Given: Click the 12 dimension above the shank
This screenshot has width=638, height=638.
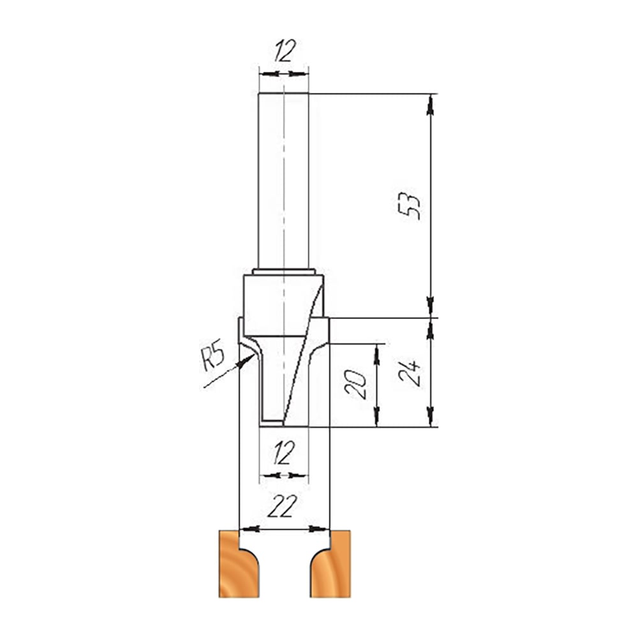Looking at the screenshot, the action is [x=284, y=51].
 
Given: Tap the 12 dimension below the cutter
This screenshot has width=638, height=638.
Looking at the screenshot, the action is [x=284, y=453].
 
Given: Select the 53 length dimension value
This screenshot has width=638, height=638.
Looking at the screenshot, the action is [x=410, y=206].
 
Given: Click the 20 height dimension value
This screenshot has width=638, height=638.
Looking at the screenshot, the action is [x=356, y=384].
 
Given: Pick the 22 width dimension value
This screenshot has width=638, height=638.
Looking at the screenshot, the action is [x=282, y=506].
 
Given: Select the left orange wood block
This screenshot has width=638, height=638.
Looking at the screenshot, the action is [x=239, y=563].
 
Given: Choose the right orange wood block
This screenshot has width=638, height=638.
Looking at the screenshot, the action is [x=330, y=563].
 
